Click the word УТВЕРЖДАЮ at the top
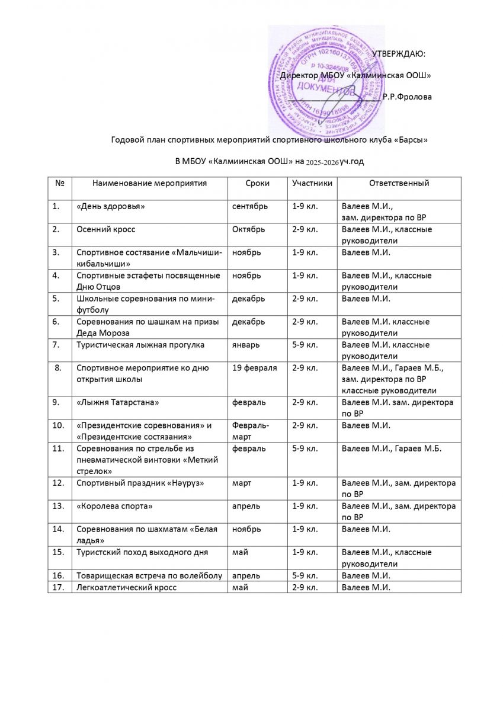pyautogui.click(x=398, y=55)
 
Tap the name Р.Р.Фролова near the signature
pyautogui.click(x=408, y=96)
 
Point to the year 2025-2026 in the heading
pyautogui.click(x=322, y=161)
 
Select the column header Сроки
pyautogui.click(x=257, y=184)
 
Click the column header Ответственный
pyautogui.click(x=399, y=184)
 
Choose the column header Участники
pyautogui.click(x=312, y=184)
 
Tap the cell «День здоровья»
pyautogui.click(x=111, y=207)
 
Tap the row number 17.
pyautogui.click(x=59, y=587)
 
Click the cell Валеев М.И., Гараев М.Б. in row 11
pyautogui.click(x=392, y=449)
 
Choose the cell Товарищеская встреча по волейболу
pyautogui.click(x=149, y=575)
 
